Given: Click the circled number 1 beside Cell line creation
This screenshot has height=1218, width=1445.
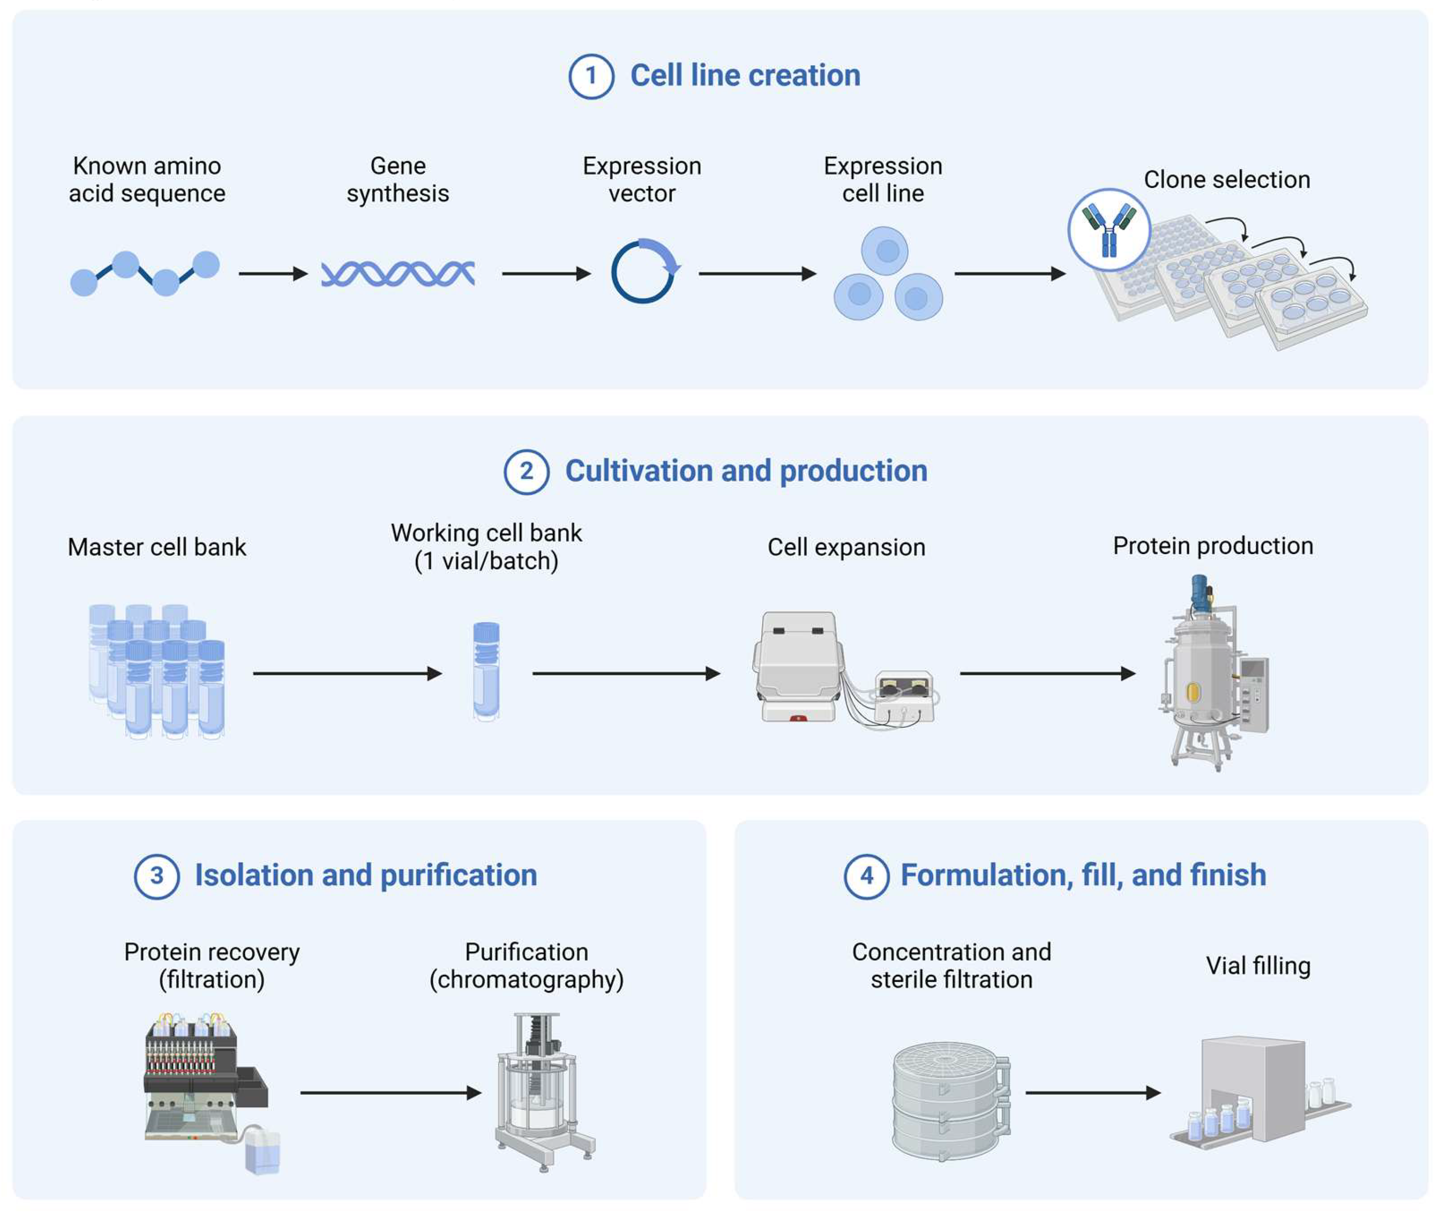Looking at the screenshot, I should click(x=590, y=76).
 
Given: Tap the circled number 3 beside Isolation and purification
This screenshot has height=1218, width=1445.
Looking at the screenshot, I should click(x=157, y=876).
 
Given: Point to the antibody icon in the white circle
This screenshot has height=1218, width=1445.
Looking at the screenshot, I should click(x=1108, y=230).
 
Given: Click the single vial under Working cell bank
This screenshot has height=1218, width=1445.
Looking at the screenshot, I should click(x=486, y=671).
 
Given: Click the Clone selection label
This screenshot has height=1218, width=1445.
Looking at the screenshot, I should click(x=1226, y=179).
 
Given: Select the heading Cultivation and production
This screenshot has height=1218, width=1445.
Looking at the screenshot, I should click(x=746, y=471).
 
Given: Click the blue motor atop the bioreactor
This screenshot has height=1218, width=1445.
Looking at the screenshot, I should click(x=1201, y=593).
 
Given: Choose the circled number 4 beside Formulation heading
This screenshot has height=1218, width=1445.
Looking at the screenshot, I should click(x=867, y=876).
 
